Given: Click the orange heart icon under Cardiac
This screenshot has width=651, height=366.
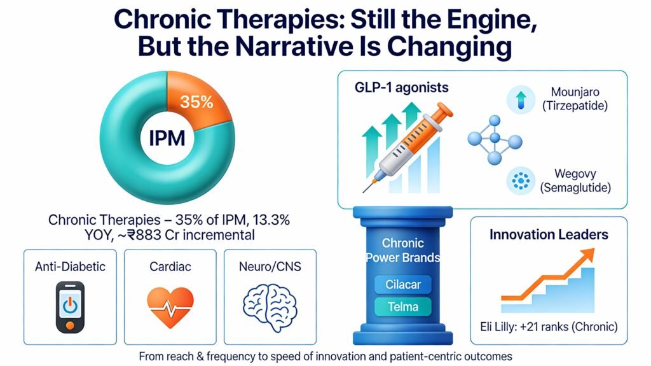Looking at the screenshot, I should [x=170, y=307].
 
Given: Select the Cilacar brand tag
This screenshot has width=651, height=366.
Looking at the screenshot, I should [x=403, y=283].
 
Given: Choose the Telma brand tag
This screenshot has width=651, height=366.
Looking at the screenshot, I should [x=403, y=306].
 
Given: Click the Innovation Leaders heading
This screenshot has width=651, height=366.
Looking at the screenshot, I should [x=548, y=234].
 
